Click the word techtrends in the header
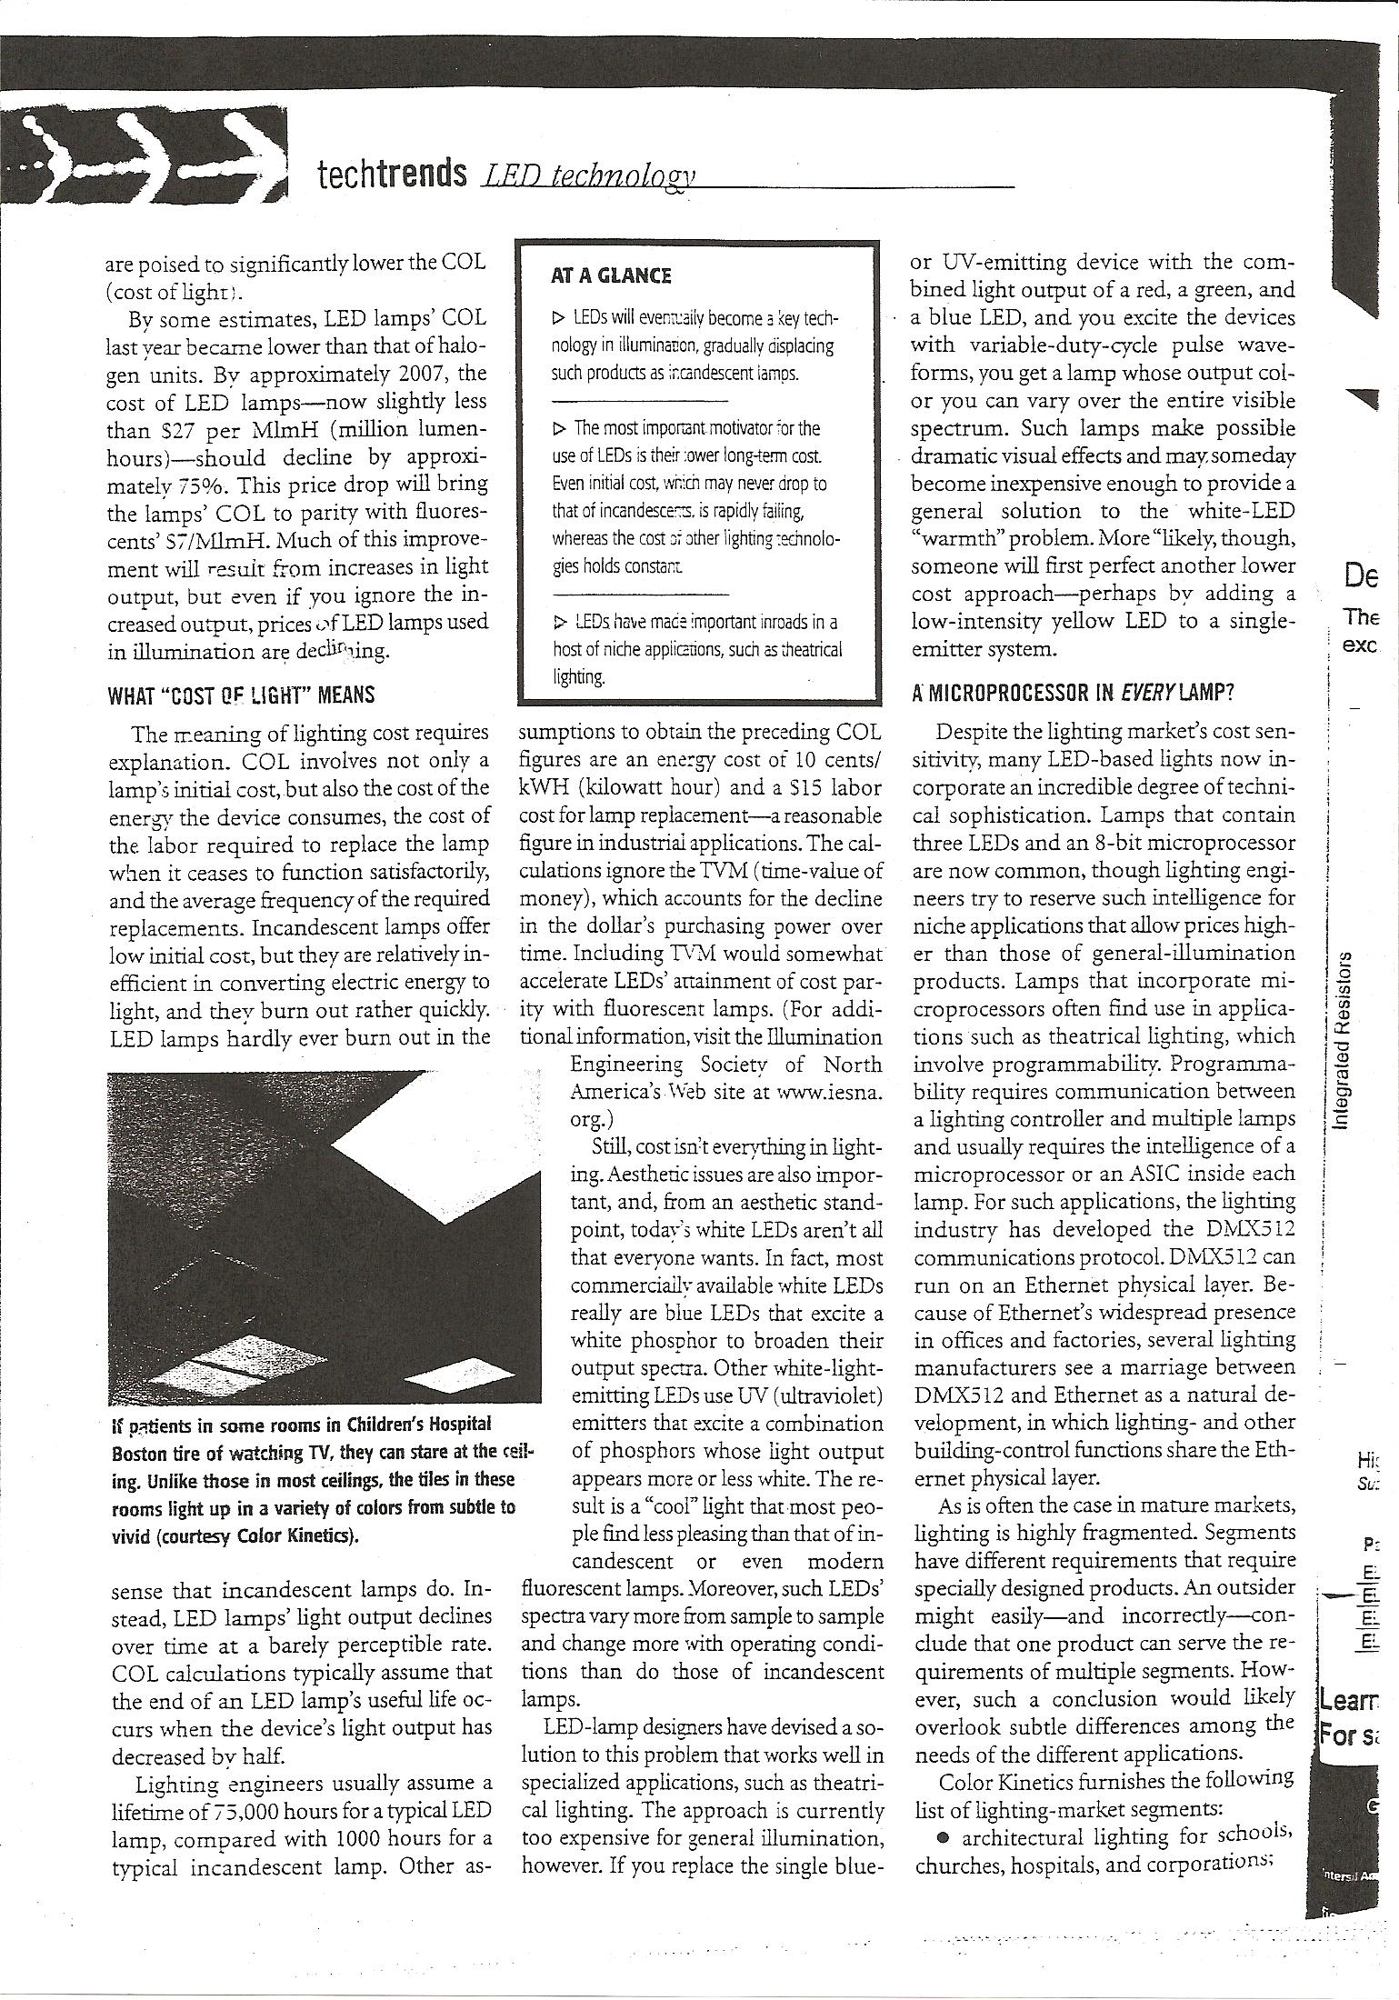click(392, 172)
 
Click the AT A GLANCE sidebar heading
click(610, 275)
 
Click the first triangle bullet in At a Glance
click(557, 318)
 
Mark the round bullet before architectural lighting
click(943, 1836)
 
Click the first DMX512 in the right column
click(1241, 1229)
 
